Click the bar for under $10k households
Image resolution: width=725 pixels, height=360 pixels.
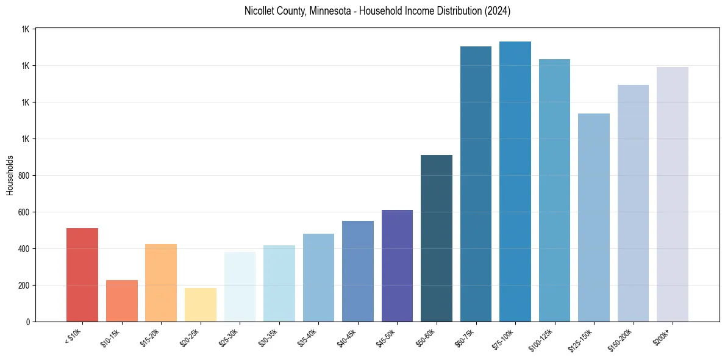[x=82, y=275]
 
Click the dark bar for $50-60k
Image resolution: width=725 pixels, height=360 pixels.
[x=437, y=238]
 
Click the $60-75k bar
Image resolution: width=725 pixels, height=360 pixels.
[x=476, y=184]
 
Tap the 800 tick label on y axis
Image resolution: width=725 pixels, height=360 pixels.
[x=24, y=176]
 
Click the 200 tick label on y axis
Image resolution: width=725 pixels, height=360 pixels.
[x=24, y=286]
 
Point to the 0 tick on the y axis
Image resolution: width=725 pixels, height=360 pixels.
[x=28, y=322]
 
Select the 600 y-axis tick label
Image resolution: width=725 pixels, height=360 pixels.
[x=24, y=212]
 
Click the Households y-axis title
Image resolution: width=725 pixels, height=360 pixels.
[x=10, y=175]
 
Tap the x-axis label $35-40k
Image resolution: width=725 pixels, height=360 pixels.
[x=308, y=337]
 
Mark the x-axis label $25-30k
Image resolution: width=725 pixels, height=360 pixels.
[x=229, y=337]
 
